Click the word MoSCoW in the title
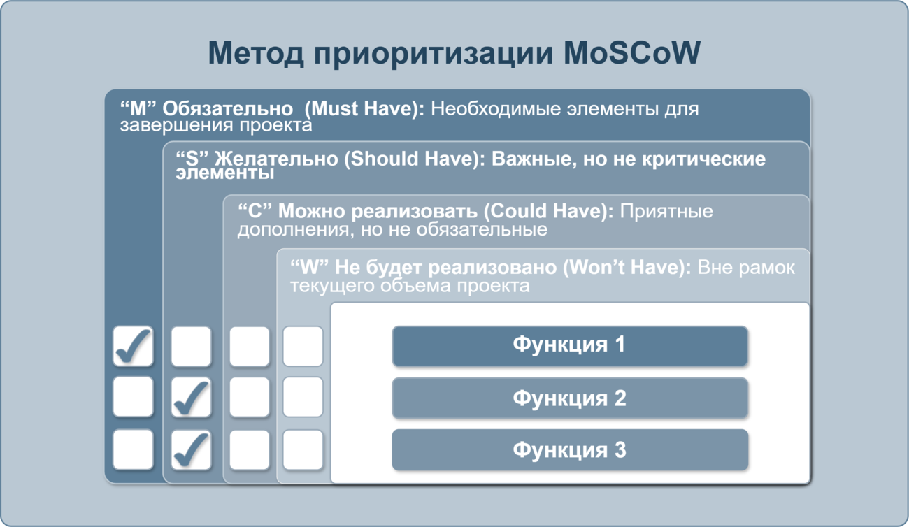[632, 52]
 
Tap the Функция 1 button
[570, 346]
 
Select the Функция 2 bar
[570, 398]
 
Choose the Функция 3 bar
[570, 450]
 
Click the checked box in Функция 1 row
[133, 346]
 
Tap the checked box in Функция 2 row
[191, 397]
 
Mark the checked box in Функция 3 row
[191, 450]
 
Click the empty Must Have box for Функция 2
[133, 397]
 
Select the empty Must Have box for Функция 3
[133, 450]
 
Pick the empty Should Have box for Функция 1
[191, 346]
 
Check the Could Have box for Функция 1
[249, 346]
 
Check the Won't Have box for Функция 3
[303, 450]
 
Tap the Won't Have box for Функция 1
[303, 346]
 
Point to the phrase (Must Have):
[364, 109]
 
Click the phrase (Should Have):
[415, 159]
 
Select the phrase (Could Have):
[549, 211]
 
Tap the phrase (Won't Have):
[627, 268]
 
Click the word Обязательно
[228, 109]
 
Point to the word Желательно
[276, 159]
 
